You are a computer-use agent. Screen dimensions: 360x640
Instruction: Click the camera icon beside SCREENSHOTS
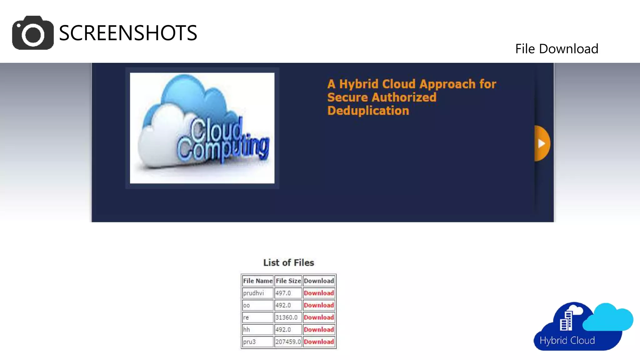[33, 33]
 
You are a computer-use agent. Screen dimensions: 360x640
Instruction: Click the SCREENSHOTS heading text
[128, 33]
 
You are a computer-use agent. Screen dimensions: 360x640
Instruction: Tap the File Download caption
[557, 49]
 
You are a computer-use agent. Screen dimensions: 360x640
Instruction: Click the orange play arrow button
[542, 143]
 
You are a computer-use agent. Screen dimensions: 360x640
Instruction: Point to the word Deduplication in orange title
[368, 111]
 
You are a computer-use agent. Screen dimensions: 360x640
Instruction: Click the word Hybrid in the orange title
[359, 84]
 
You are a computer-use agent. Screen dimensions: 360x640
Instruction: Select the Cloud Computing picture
[202, 128]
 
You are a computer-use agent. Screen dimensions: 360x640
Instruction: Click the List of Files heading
[288, 262]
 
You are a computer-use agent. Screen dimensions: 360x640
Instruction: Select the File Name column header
[257, 281]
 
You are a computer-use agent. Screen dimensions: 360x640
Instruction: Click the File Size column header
[288, 281]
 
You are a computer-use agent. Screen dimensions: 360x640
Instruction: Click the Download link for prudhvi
[319, 293]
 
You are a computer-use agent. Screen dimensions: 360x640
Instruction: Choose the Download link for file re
[319, 317]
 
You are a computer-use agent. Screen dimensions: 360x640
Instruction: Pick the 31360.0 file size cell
[287, 317]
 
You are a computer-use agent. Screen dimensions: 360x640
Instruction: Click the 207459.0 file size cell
[288, 342]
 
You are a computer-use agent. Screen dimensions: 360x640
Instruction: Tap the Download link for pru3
[319, 342]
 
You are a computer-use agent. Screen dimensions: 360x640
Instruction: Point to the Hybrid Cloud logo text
[567, 340]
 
